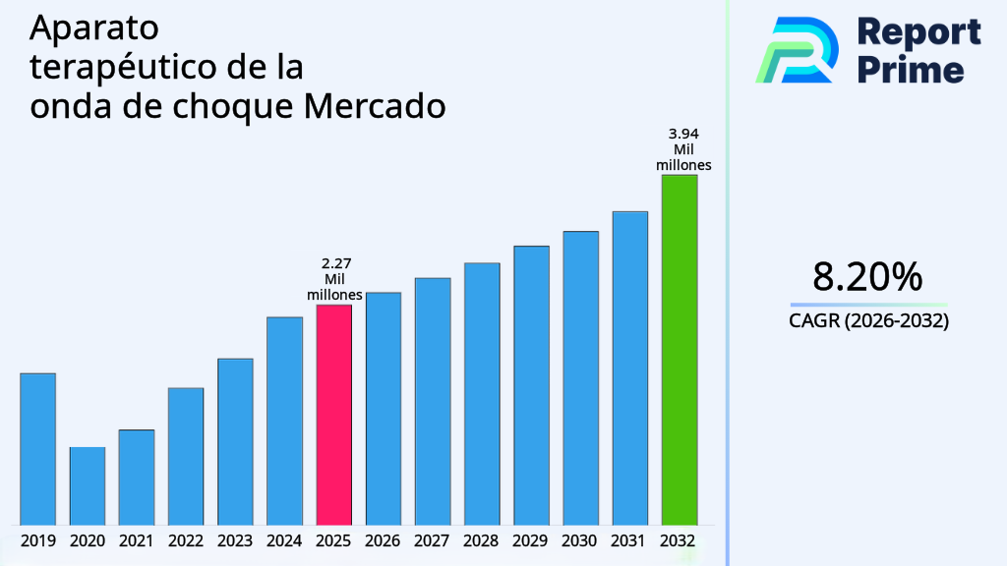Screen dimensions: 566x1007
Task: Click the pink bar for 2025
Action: (x=333, y=414)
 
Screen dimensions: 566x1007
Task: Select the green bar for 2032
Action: (x=679, y=349)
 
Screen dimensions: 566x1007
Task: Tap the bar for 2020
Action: (x=88, y=485)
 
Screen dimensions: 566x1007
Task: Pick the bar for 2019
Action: (x=38, y=448)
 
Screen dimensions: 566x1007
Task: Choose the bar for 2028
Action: (x=482, y=393)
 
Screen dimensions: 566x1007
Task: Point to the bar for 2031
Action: (x=629, y=368)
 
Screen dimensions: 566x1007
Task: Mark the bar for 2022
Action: (x=186, y=456)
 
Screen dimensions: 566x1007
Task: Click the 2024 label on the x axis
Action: (x=284, y=540)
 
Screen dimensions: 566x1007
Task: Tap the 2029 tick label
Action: (x=531, y=540)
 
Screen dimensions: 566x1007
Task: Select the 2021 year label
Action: (x=137, y=540)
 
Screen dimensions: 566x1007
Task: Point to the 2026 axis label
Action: (x=384, y=540)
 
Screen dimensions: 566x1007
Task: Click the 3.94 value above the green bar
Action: (x=683, y=134)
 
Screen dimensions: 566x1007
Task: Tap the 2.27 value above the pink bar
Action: (x=336, y=263)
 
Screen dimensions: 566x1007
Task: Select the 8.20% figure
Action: (x=867, y=277)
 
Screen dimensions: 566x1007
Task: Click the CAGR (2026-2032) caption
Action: (x=868, y=320)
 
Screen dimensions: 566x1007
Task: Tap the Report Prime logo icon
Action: (x=797, y=49)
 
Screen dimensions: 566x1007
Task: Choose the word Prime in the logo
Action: (x=911, y=70)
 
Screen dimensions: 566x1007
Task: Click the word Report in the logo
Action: (x=918, y=32)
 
